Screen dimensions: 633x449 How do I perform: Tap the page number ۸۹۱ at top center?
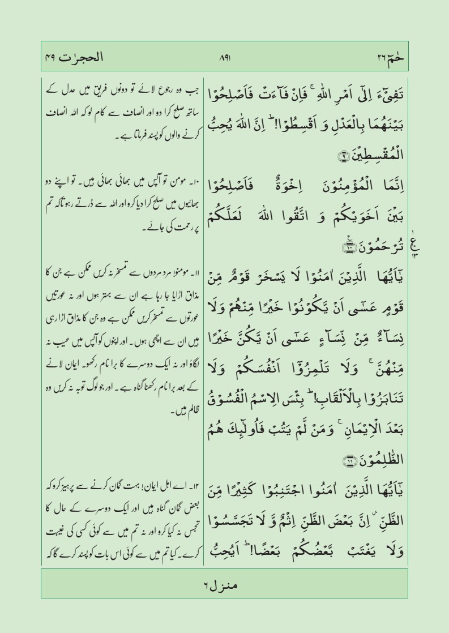(x=224, y=57)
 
